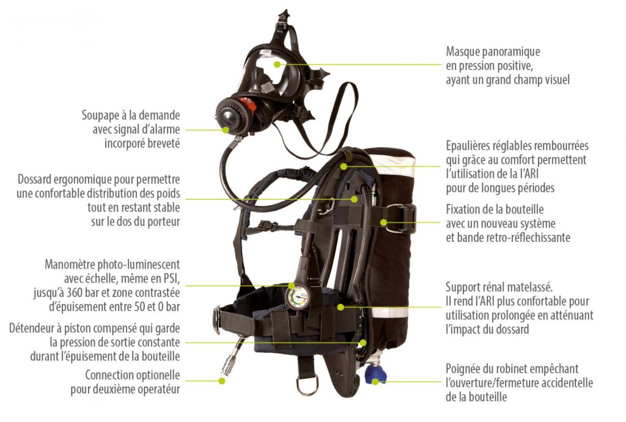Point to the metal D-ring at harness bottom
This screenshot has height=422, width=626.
click(x=306, y=385)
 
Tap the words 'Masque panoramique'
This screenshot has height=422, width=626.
click(x=493, y=52)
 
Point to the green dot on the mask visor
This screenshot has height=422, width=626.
click(x=277, y=64)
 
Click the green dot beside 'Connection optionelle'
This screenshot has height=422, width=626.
click(x=222, y=380)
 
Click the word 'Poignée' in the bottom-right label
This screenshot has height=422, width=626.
click(x=466, y=369)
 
